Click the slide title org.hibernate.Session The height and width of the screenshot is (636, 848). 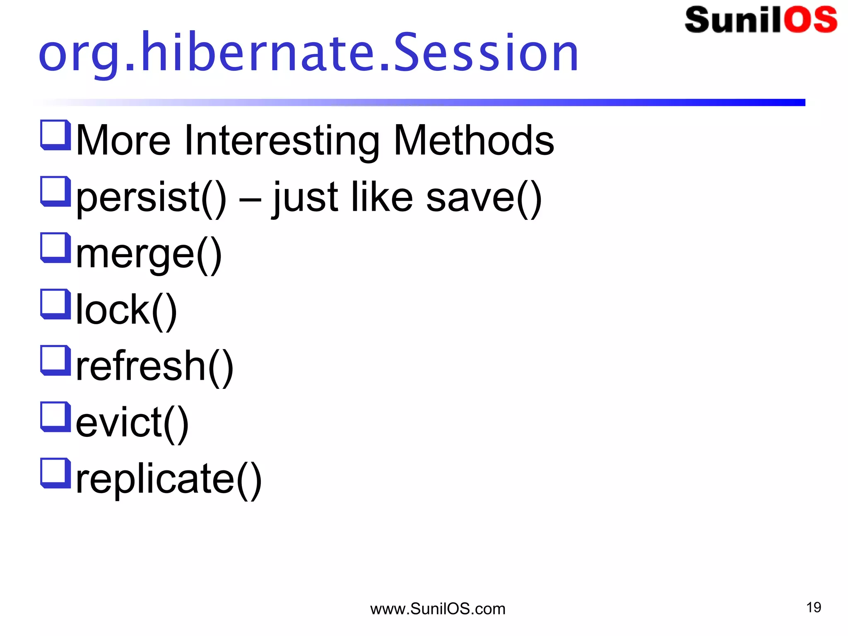point(308,53)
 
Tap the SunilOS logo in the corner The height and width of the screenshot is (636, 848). point(761,19)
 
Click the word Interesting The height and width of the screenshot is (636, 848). point(282,141)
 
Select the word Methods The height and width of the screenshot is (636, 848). point(474,141)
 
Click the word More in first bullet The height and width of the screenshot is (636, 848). point(123,141)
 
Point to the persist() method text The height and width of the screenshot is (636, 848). point(151,198)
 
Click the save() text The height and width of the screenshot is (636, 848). point(484,198)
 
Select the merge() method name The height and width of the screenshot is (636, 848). point(149,254)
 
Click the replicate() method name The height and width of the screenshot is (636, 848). point(169,479)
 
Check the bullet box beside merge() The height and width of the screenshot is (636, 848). point(55,247)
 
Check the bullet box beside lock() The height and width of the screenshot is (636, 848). point(55,304)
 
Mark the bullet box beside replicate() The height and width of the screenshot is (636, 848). point(55,472)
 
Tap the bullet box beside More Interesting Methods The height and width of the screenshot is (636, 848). point(55,135)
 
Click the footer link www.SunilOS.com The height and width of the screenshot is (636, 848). point(438,609)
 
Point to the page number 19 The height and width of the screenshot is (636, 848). point(813,607)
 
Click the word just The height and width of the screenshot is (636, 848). point(305,198)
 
